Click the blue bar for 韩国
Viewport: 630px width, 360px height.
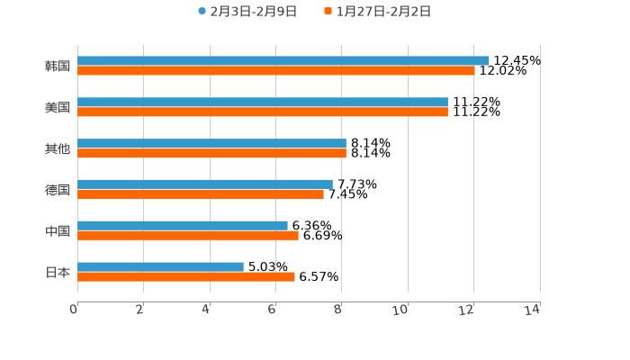[283, 60]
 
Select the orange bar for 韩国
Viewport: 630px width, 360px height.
[276, 70]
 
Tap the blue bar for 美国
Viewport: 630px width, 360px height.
[263, 102]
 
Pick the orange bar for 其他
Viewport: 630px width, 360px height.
[211, 153]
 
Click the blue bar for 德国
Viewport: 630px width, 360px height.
[205, 184]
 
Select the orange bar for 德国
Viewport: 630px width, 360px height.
[201, 193]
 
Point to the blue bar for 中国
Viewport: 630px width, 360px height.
[183, 225]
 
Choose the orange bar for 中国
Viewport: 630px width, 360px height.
[188, 235]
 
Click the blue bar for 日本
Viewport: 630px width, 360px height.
[160, 266]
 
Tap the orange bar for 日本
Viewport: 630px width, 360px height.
[186, 276]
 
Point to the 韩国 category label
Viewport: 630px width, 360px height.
[58, 66]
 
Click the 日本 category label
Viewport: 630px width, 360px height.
[58, 272]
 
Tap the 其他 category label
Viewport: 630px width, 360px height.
[58, 148]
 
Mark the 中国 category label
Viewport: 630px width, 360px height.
[58, 230]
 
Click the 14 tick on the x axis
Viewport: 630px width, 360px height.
[532, 310]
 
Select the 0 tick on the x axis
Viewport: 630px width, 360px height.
[75, 310]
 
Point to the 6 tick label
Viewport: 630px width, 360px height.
[272, 310]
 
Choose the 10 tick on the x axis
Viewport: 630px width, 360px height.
[400, 310]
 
